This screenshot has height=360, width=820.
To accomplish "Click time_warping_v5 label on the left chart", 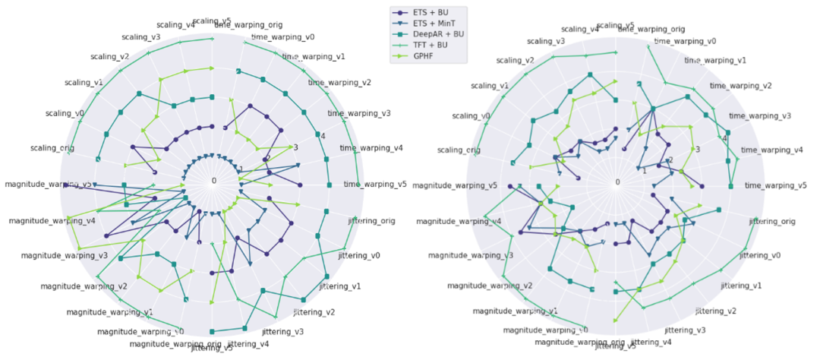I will [x=375, y=184].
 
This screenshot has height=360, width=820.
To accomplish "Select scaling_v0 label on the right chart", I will [x=471, y=115].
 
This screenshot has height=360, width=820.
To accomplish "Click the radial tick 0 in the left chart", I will [x=214, y=181].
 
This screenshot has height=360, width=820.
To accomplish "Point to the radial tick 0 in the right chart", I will [x=617, y=182].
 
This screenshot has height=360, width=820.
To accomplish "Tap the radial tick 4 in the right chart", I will [x=724, y=137].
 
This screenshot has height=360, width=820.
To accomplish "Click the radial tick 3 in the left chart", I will [x=295, y=147].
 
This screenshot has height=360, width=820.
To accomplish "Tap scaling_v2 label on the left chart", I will [x=109, y=56].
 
